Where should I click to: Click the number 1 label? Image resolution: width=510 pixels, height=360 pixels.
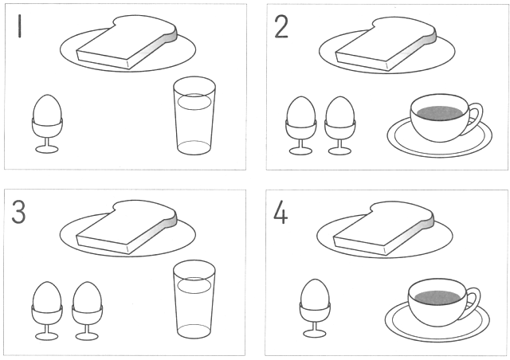[19, 26]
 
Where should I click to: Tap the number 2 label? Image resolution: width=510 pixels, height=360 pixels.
[281, 27]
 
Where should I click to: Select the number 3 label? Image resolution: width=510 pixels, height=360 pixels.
[18, 212]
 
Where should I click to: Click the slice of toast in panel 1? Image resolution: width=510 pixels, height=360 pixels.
[127, 41]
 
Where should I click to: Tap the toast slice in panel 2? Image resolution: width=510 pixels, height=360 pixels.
[386, 44]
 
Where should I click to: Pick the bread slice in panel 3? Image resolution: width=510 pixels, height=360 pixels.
[127, 227]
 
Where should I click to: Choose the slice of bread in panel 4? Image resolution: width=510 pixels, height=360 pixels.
[384, 229]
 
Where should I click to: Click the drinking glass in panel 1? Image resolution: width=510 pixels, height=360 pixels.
[194, 115]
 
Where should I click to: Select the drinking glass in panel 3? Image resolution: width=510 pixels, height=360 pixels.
[194, 299]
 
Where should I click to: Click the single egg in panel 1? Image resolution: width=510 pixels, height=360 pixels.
[47, 109]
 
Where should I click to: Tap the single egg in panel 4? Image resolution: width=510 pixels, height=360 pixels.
[315, 293]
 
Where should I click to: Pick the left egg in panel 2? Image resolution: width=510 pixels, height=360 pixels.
[301, 111]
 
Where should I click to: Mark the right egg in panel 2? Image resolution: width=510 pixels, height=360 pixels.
[340, 111]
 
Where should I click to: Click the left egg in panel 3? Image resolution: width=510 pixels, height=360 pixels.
[47, 296]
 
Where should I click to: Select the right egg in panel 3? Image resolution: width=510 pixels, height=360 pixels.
[87, 296]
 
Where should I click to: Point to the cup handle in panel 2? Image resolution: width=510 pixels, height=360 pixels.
[478, 116]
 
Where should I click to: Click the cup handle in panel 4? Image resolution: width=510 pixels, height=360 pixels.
[476, 300]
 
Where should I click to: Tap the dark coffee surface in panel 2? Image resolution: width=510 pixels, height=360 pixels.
[440, 112]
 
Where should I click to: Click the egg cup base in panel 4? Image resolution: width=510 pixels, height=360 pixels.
[315, 334]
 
